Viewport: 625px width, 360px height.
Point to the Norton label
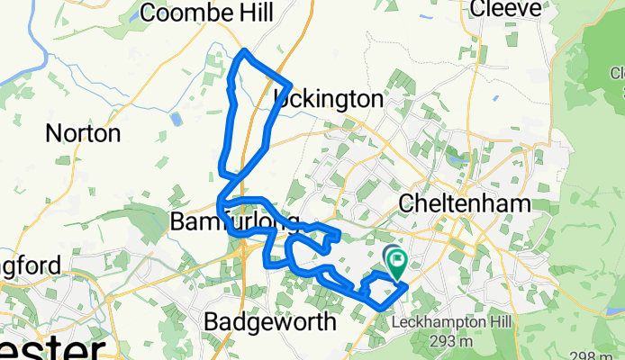click(x=83, y=135)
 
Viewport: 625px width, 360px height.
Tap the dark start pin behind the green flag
click(x=390, y=255)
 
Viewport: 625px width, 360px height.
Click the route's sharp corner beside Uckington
click(x=291, y=86)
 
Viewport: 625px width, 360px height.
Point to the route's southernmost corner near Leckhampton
click(x=385, y=307)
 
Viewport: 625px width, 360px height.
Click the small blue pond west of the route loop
click(x=177, y=118)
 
